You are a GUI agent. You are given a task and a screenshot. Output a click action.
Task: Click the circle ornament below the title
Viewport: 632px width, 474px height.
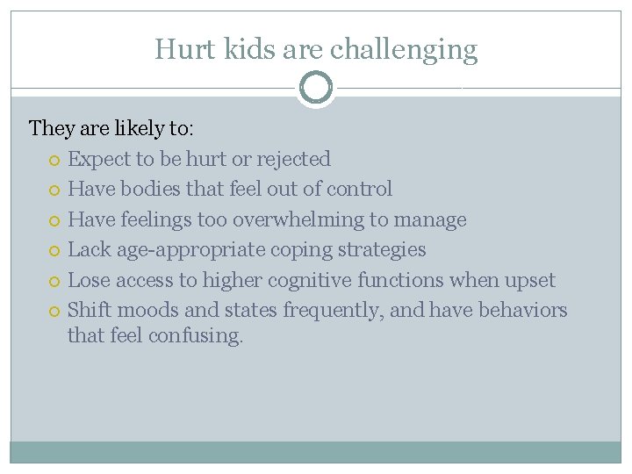316,88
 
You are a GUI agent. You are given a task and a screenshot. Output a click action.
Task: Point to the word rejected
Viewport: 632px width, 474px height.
293,159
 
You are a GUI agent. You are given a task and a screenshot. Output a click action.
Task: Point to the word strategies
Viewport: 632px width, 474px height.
384,250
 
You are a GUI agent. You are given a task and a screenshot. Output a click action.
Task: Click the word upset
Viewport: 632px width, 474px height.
528,280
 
